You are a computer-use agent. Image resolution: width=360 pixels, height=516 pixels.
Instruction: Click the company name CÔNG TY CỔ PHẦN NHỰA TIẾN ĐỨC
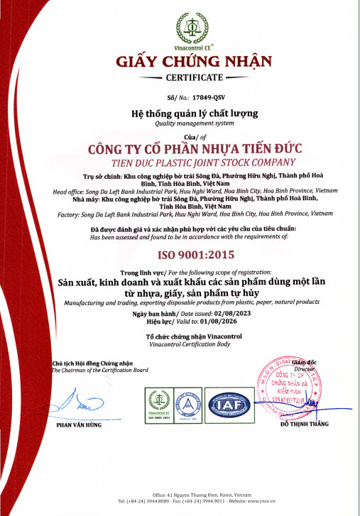pos(194,149)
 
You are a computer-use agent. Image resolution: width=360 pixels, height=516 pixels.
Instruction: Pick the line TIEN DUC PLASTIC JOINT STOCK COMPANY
pos(194,162)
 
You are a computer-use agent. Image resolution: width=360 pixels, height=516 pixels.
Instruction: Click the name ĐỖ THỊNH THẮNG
pos(305,424)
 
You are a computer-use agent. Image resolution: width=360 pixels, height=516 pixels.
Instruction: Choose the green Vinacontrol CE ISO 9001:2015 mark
pos(160,405)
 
